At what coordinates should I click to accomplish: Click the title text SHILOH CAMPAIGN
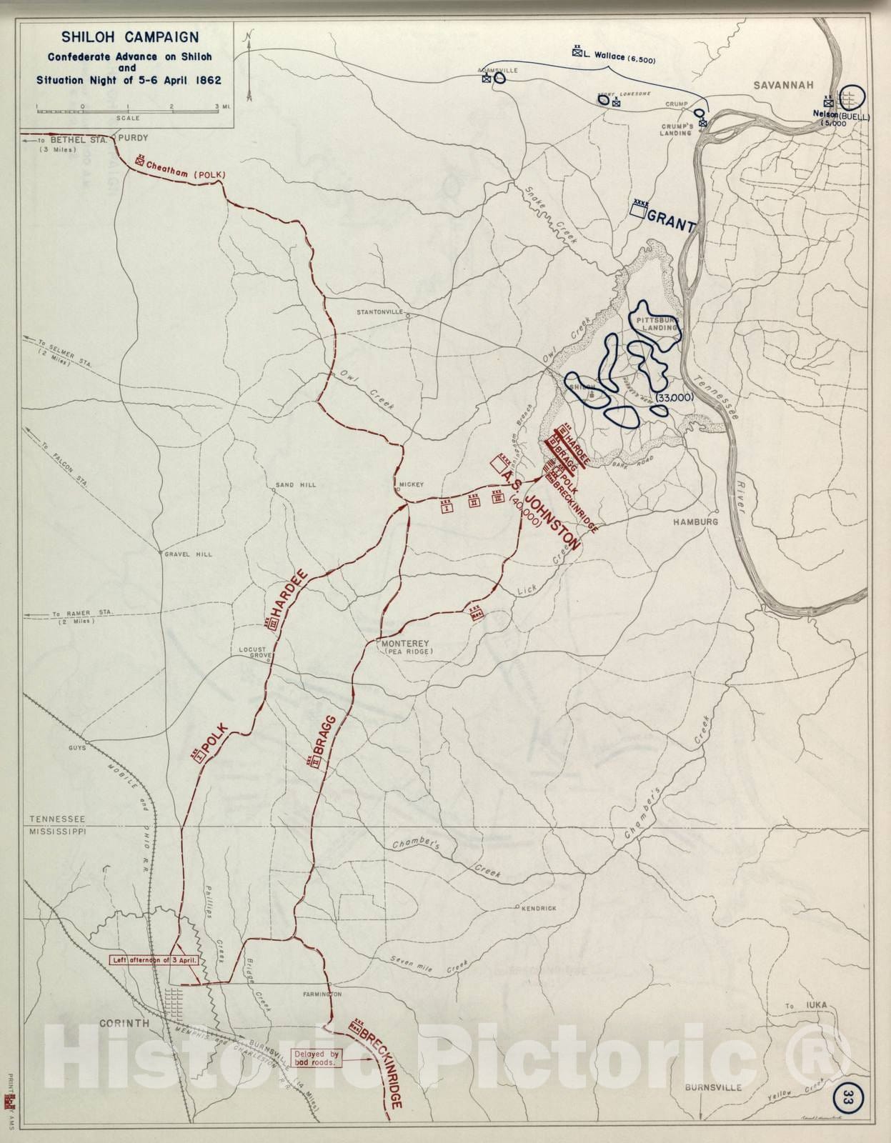click(129, 37)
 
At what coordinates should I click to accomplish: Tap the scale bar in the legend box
click(129, 111)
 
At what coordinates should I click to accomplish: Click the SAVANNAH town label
click(782, 85)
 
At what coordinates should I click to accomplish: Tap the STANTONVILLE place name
click(380, 313)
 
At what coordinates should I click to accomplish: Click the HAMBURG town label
click(695, 522)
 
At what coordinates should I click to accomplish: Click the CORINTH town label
click(124, 1023)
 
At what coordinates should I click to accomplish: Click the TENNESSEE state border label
click(57, 819)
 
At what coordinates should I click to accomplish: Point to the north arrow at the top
click(248, 64)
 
